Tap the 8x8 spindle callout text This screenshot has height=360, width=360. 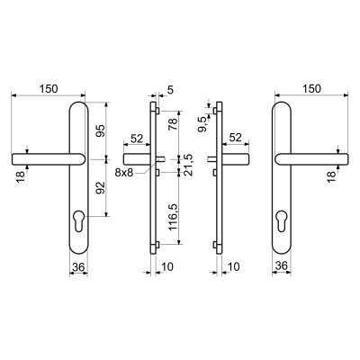[x=124, y=173]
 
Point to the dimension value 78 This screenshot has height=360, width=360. [x=173, y=124]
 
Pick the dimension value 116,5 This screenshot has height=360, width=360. [x=173, y=217]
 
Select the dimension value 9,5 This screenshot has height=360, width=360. [x=202, y=124]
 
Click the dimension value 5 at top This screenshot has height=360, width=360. [x=170, y=90]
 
